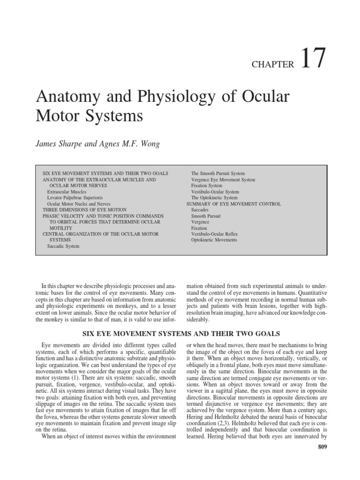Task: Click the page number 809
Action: click(321, 447)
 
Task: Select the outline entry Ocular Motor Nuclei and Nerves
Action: click(79, 204)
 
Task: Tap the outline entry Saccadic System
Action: click(63, 246)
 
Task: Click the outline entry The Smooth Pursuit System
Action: click(218, 173)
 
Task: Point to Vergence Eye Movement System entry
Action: click(223, 180)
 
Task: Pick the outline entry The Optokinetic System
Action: click(214, 198)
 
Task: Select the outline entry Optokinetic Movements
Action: click(214, 240)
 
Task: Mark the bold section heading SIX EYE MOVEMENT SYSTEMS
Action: click(181, 334)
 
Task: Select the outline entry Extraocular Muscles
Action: click(67, 192)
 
